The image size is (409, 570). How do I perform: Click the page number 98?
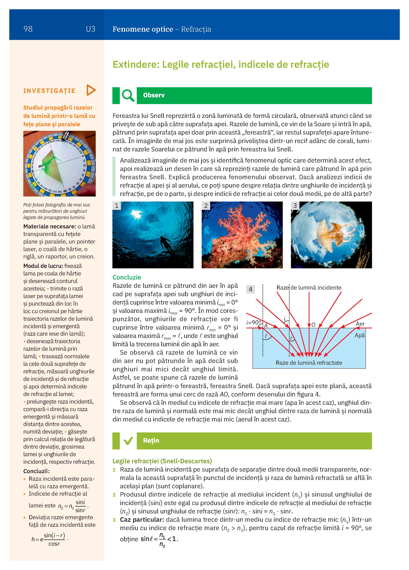(28, 29)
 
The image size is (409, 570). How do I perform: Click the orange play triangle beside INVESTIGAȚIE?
(91, 90)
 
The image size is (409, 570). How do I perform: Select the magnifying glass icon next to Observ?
(128, 96)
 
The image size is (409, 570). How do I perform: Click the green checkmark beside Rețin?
(128, 441)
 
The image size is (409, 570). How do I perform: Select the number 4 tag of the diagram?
(250, 289)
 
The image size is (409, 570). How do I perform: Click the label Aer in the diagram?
(360, 324)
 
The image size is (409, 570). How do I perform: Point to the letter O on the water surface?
(313, 325)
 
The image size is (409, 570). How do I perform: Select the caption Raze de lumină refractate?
(309, 363)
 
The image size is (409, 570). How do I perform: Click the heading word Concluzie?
(127, 277)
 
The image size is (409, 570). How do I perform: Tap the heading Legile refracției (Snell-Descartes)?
(162, 461)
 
